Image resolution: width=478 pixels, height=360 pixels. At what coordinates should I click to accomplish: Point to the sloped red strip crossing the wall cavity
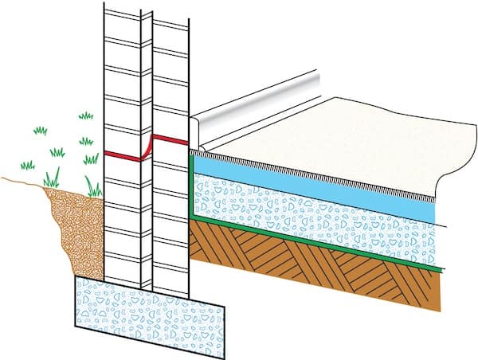[x=147, y=146]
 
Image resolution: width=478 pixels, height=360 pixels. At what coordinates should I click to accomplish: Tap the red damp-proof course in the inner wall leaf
[x=170, y=139]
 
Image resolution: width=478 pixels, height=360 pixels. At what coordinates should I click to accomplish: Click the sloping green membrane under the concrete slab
[x=319, y=243]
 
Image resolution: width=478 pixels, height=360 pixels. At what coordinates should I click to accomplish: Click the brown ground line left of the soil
[x=20, y=179]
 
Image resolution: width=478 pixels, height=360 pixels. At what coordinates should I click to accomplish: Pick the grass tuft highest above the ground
[x=86, y=116]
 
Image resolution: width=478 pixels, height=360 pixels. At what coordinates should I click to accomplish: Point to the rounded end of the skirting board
[x=198, y=127]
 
